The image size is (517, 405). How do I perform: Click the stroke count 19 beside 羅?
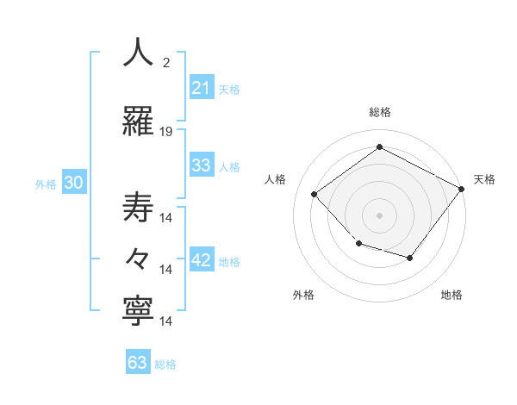pos(166,132)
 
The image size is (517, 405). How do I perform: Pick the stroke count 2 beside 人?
pos(166,63)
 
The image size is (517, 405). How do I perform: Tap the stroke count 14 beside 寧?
pos(166,321)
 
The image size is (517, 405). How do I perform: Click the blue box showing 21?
pos(202,88)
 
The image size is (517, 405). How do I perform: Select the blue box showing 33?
pos(202,165)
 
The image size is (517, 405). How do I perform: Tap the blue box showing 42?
pos(202,260)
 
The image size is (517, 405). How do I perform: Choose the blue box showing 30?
pos(73,183)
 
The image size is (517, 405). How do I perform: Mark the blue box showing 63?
pos(138,363)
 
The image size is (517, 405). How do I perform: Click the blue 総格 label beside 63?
pos(165,364)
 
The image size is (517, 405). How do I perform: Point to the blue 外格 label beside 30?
pos(46,184)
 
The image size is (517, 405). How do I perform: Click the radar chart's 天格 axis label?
pos(484,179)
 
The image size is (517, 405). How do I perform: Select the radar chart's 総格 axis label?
pos(379,112)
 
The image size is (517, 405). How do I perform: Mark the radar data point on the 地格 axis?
pos(410,258)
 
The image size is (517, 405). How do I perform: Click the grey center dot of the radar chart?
pos(379,215)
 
